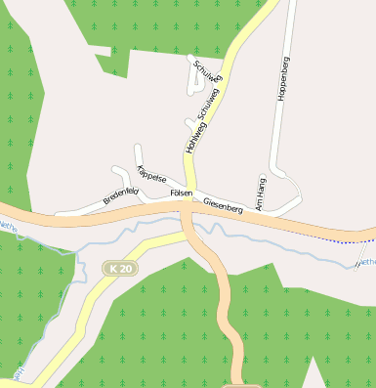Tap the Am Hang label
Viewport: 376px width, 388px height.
tap(260, 193)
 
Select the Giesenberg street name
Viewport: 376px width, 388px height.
tap(223, 206)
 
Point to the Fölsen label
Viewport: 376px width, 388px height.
tap(181, 194)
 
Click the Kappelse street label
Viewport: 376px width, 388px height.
tap(152, 177)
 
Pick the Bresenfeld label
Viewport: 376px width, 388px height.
tap(121, 196)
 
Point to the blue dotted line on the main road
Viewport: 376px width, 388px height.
tap(332, 237)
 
